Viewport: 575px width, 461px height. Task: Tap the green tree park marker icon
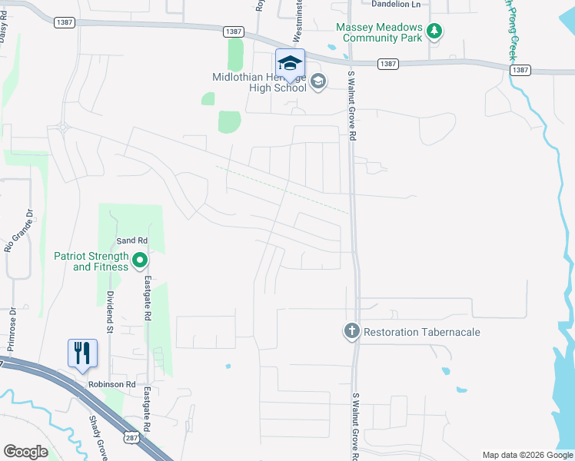pos(435,32)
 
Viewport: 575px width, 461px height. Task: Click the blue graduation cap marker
pos(290,63)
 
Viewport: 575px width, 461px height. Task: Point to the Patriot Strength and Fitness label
pos(91,261)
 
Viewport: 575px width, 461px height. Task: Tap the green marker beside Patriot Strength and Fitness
pos(140,261)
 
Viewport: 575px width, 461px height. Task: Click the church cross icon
pos(351,331)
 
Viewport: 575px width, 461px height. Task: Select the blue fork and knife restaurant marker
pos(82,353)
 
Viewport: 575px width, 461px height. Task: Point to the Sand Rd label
pos(131,241)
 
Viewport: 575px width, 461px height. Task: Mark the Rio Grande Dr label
pos(19,230)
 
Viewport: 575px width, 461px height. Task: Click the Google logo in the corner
pos(25,452)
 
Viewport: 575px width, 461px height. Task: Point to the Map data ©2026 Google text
pos(527,455)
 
